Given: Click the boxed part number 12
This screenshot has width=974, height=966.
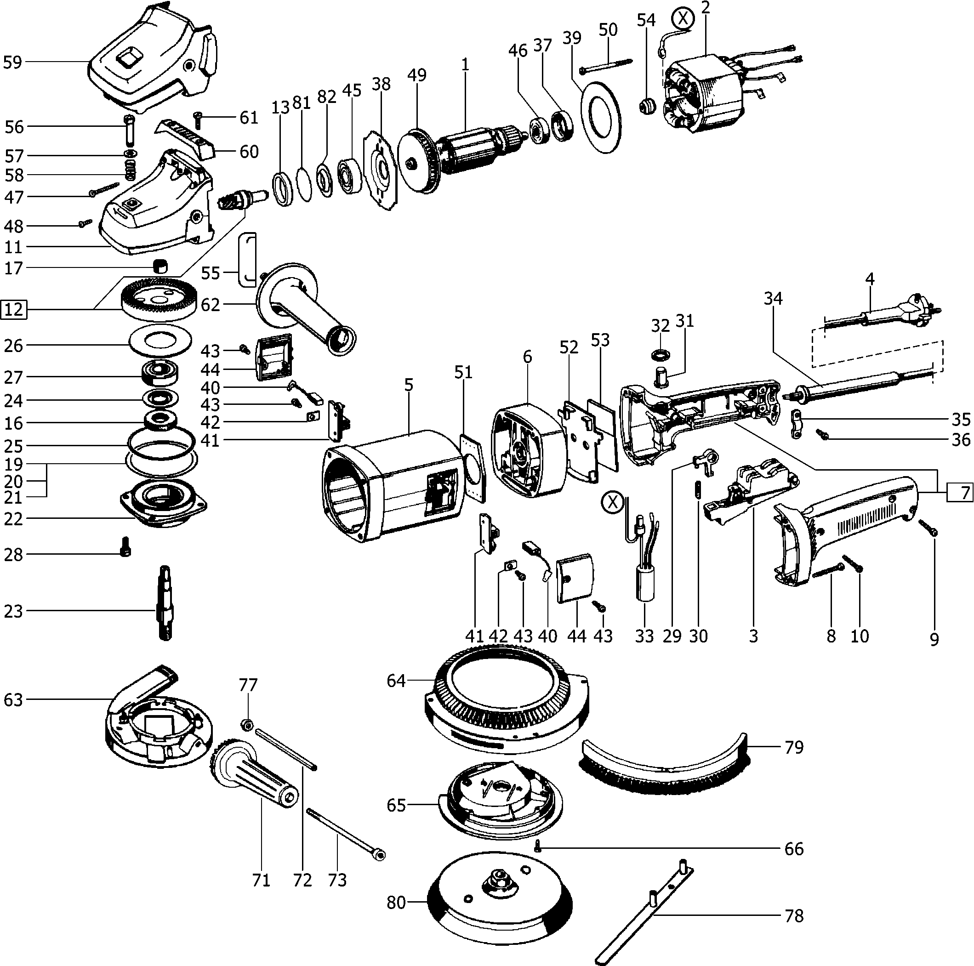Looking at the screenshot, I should point(14,309).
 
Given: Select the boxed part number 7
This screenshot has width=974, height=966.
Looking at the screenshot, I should point(959,492).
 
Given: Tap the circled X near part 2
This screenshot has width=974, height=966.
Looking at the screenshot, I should point(683,19).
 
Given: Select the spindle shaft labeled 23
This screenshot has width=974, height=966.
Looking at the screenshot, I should point(166,604).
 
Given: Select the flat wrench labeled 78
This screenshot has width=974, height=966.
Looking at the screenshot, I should point(645,912).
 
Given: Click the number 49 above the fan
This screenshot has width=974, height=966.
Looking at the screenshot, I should point(417,74).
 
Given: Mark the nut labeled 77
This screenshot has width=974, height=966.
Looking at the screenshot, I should point(247,725).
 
